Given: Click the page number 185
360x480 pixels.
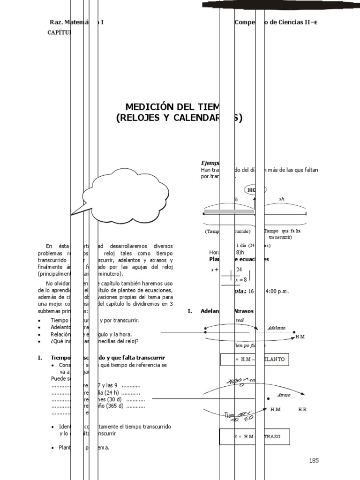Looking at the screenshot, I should [314, 460].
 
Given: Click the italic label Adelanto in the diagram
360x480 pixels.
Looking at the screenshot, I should [277, 328].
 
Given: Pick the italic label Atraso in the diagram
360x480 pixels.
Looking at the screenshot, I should [284, 395].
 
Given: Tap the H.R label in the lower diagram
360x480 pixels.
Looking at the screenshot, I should [302, 409].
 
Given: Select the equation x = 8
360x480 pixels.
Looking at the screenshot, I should [241, 279].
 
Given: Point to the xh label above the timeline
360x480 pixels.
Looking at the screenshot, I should [282, 199].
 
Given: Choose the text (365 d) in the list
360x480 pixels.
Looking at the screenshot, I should [114, 406].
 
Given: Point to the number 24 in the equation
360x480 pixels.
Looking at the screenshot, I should [239, 269].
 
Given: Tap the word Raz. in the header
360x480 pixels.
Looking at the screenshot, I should [56, 22].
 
